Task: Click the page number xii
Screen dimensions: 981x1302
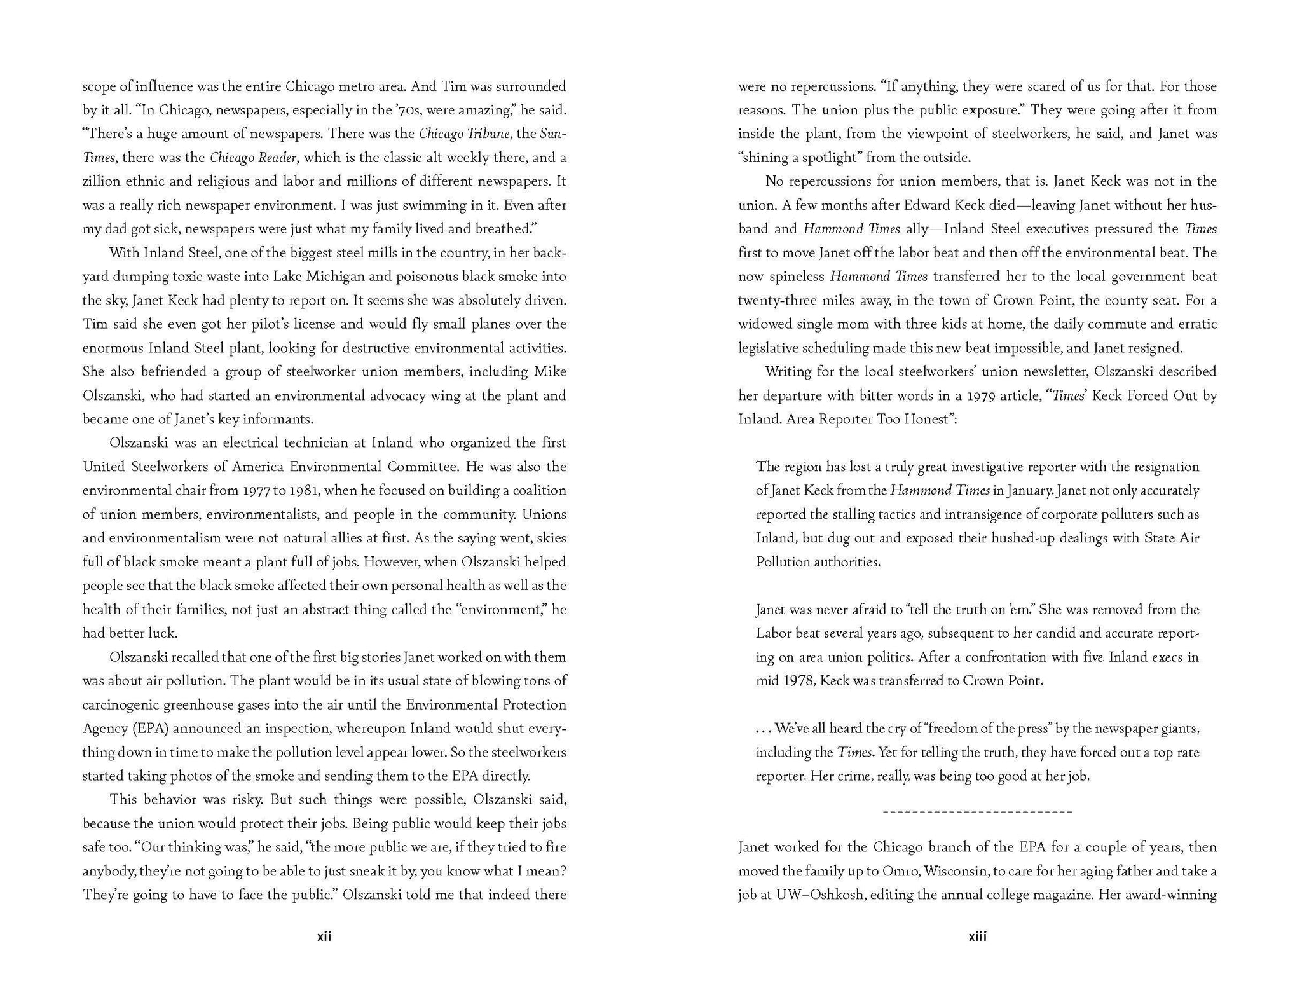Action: coord(324,936)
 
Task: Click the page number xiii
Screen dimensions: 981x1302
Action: coord(977,936)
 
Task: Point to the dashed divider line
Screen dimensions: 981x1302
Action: coord(977,812)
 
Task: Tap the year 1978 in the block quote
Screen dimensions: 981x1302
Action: coord(795,681)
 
